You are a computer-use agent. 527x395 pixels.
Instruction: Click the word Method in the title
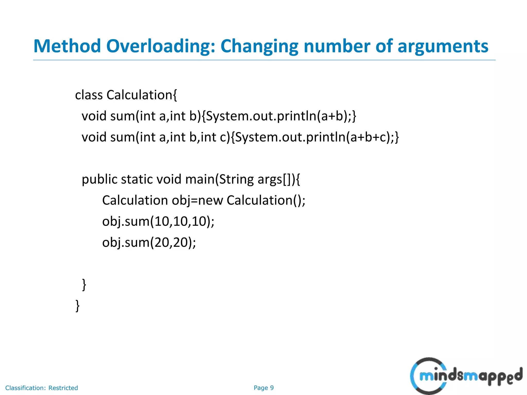67,46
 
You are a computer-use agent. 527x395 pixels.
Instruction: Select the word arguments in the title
443,46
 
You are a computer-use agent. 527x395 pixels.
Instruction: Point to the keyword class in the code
89,95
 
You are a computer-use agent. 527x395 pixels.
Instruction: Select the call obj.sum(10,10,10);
158,221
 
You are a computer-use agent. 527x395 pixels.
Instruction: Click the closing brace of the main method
84,284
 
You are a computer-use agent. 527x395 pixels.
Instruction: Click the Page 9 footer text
263,388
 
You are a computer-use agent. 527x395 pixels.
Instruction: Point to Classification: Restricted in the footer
41,388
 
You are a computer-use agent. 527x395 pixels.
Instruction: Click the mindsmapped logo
466,376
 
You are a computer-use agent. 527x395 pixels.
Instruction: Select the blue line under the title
264,60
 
